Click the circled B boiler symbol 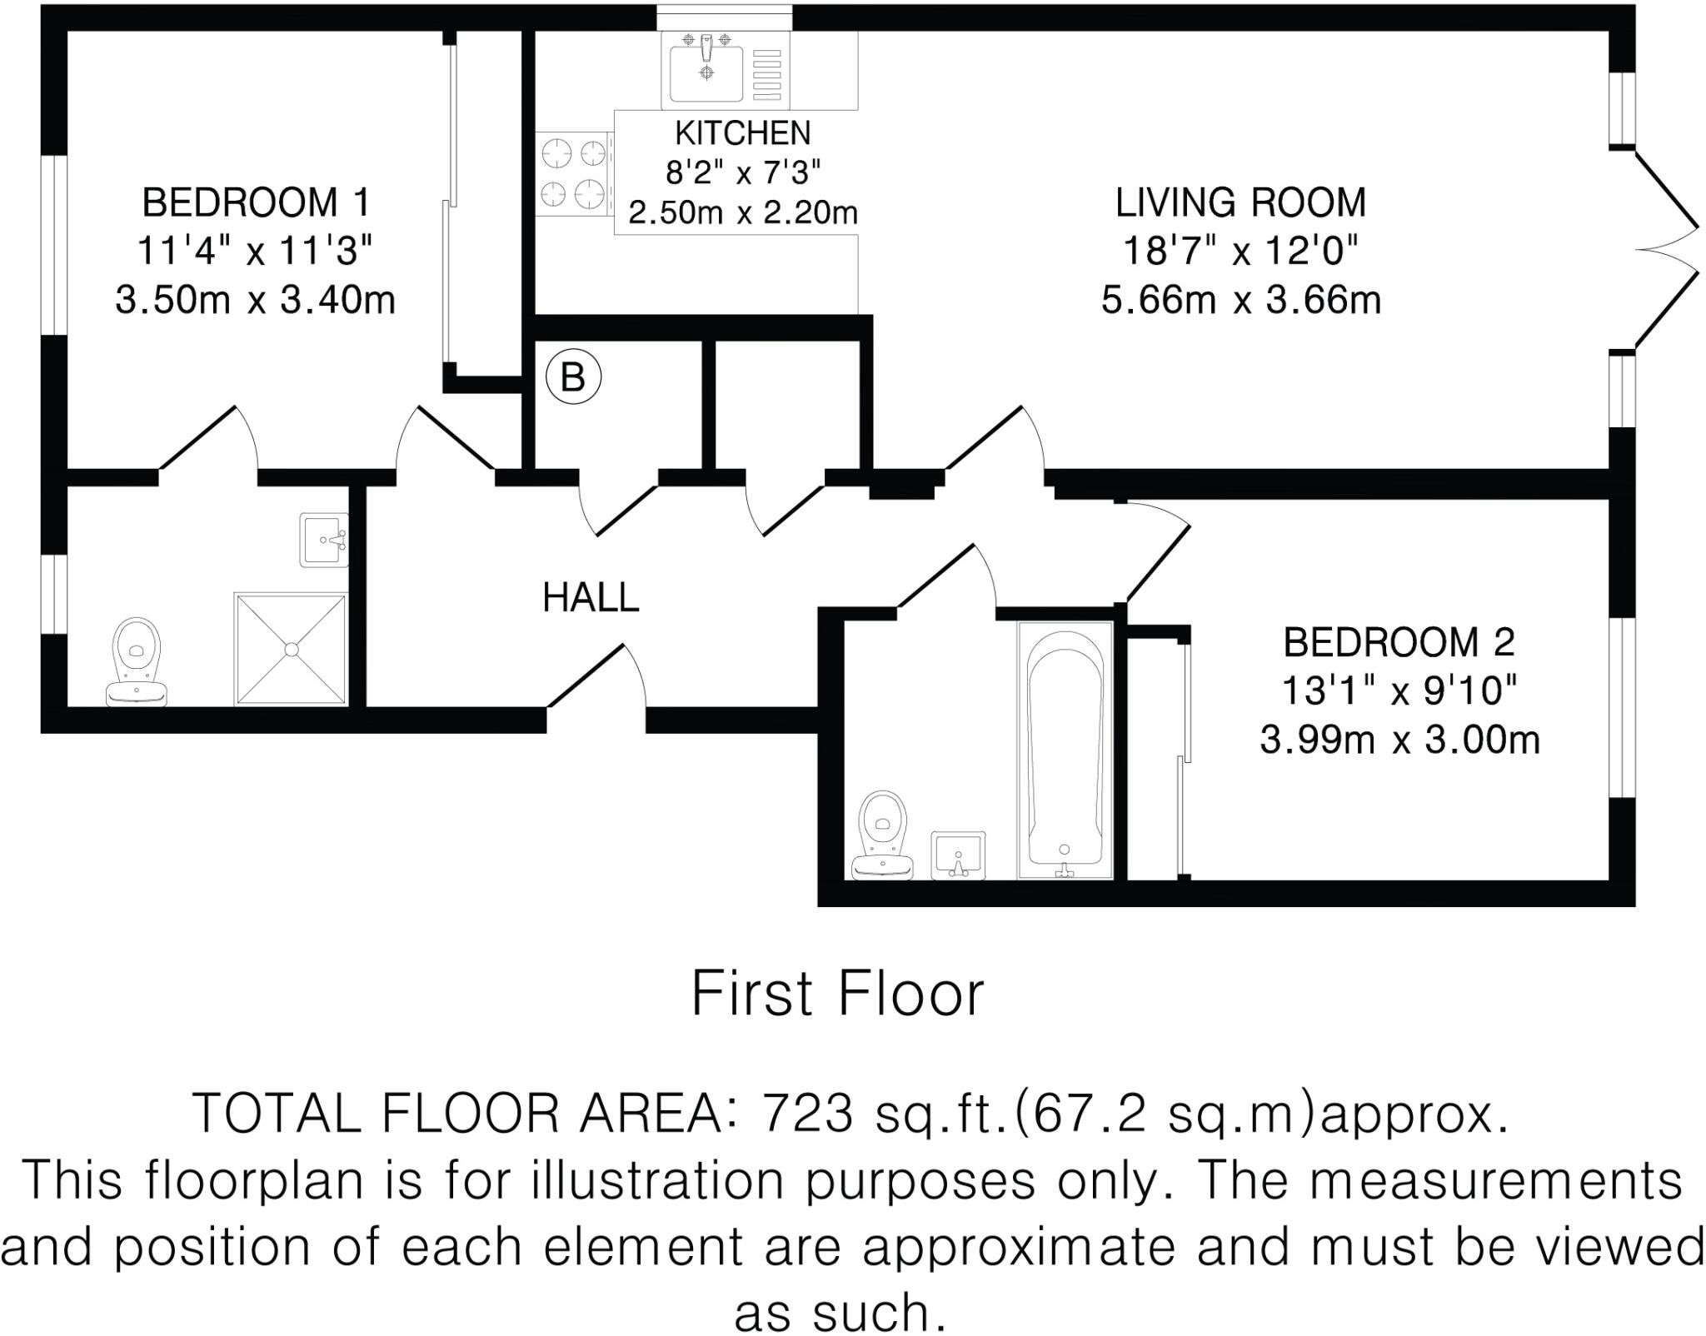(573, 377)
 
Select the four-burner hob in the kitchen (572, 174)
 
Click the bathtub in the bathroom (1065, 750)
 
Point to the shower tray (291, 649)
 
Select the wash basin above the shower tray (324, 540)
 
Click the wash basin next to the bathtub (959, 855)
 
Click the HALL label (591, 597)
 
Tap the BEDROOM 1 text (256, 202)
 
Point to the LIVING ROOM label (1240, 202)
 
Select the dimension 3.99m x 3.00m (1399, 739)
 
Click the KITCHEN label (742, 133)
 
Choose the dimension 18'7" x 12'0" (1240, 251)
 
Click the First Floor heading (837, 994)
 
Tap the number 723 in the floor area (808, 1113)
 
